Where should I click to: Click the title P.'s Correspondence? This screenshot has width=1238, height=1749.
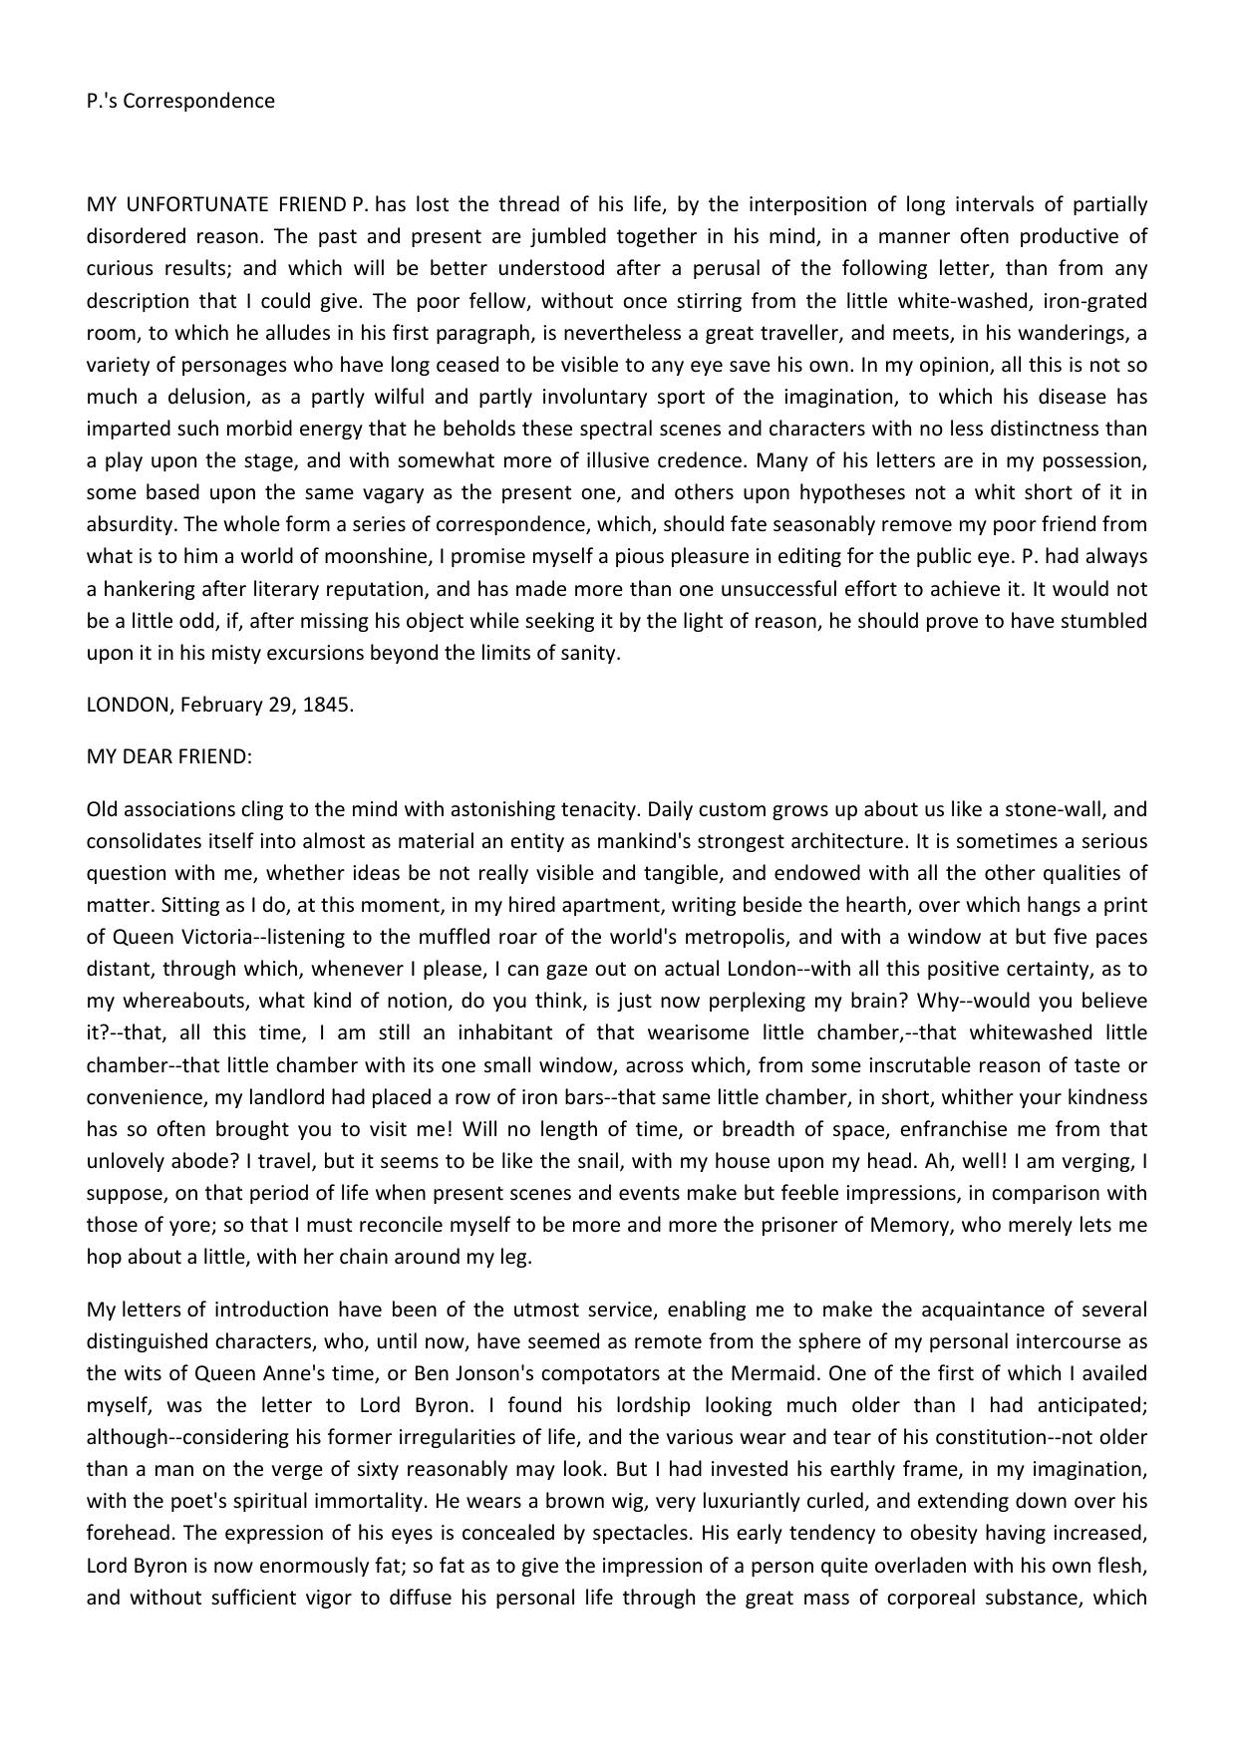coord(180,101)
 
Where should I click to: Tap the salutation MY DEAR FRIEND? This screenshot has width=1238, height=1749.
coord(169,756)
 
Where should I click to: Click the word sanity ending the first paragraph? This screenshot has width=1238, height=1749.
coord(590,654)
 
